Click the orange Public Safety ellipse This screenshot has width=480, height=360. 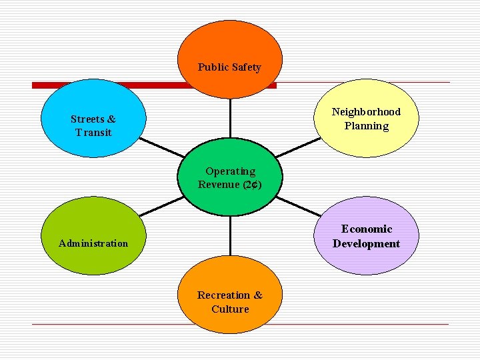pos(230,47)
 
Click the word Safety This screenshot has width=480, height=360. pos(246,67)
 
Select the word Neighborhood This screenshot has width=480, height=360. pos(366,112)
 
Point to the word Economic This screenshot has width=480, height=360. pos(367,229)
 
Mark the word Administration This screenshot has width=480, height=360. pos(93,243)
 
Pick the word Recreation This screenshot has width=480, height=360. pos(223,295)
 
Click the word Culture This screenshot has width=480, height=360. pos(230,309)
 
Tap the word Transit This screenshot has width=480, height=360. pos(93,133)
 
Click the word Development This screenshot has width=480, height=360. pos(367,244)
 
